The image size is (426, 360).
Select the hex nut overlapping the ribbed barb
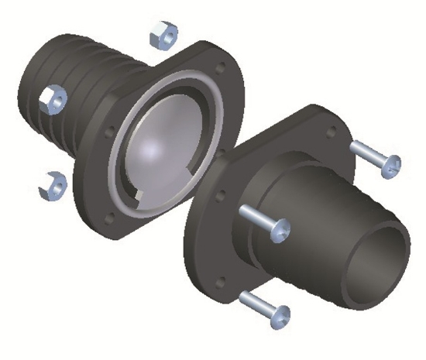point(53,98)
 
